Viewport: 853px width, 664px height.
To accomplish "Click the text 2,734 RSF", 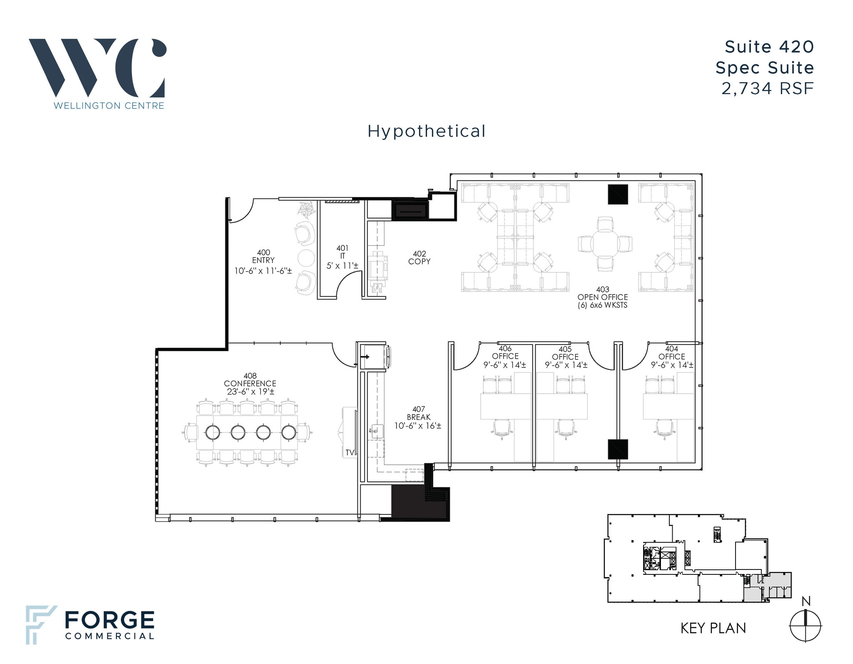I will point(767,89).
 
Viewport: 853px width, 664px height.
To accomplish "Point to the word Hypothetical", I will point(426,132).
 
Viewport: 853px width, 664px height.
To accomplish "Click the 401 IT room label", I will point(342,257).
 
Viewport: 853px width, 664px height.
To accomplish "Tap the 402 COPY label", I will point(419,257).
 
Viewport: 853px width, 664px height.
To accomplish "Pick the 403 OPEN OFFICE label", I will point(602,297).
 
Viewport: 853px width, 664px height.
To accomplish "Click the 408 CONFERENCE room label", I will point(250,384).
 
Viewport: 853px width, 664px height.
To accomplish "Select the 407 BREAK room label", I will point(418,417).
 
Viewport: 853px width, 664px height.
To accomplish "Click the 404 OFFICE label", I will point(671,357).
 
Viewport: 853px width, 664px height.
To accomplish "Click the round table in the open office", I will point(605,244).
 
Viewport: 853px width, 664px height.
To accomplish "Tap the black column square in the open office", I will point(618,194).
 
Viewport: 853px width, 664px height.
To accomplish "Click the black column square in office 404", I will point(618,449).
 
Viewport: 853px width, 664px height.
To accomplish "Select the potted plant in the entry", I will point(307,210).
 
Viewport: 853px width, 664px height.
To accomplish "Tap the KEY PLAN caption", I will point(713,628).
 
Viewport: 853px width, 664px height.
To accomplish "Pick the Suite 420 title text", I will point(769,47).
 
